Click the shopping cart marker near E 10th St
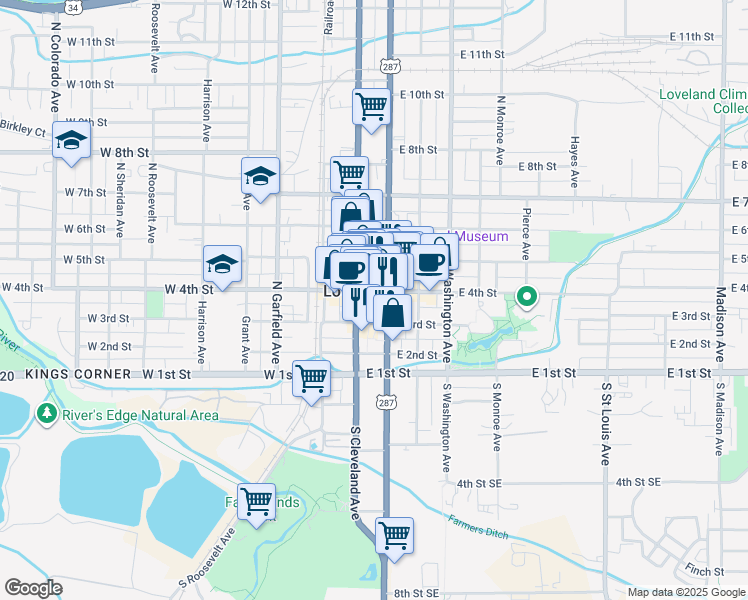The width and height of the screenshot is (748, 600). [371, 105]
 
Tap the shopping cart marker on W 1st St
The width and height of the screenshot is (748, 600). [312, 378]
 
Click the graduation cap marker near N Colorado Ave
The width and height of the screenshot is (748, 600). [71, 142]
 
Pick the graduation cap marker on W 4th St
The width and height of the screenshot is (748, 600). [222, 264]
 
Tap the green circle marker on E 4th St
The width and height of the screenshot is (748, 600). [526, 295]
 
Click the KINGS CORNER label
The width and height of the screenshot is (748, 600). [78, 374]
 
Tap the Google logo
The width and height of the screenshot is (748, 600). [33, 588]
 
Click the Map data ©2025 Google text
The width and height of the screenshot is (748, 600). [686, 592]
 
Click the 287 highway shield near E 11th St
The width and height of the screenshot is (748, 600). [390, 63]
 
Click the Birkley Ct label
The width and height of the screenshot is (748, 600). [23, 131]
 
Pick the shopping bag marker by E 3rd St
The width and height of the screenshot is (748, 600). [394, 313]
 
